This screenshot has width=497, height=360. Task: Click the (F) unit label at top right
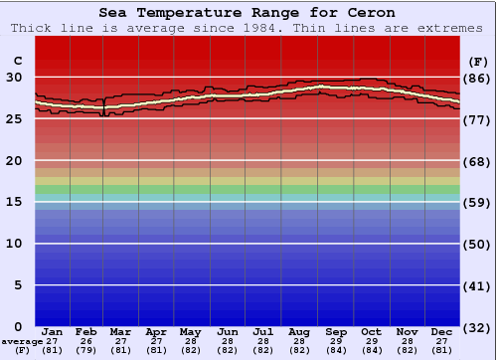coord(476,61)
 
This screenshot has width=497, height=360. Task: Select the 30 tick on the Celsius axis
coord(14,77)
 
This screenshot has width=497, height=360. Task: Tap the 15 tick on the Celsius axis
coord(14,202)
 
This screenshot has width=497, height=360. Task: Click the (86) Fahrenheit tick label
coord(477,78)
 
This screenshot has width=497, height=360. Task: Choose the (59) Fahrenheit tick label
coord(477,202)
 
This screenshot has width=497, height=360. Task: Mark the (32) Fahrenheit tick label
coord(477,326)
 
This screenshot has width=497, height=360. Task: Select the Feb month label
coord(86,331)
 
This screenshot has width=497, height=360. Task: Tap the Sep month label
coord(336,331)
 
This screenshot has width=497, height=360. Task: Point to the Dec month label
coord(443,331)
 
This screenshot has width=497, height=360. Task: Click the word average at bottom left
coord(22,341)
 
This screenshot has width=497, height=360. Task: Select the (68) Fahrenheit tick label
coord(477,161)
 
